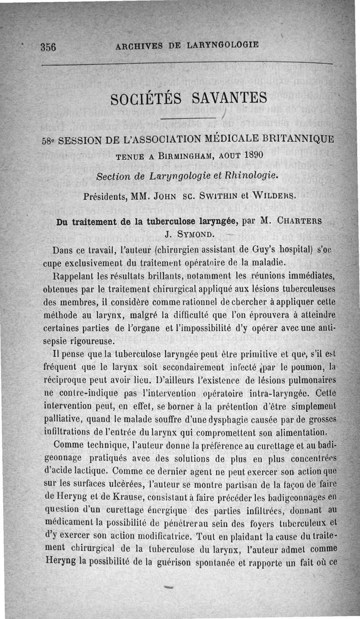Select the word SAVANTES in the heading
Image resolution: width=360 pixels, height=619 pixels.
point(230,97)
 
